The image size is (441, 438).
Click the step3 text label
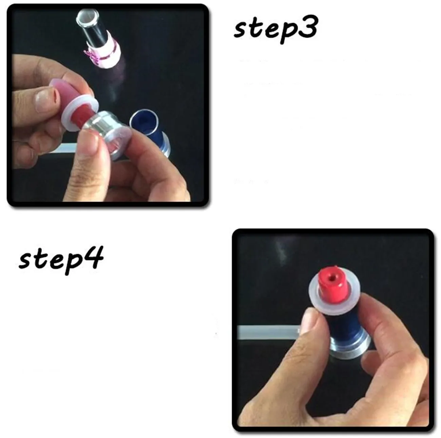coord(275,31)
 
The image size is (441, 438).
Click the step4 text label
coord(61,260)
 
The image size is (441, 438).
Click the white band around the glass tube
coord(104,54)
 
